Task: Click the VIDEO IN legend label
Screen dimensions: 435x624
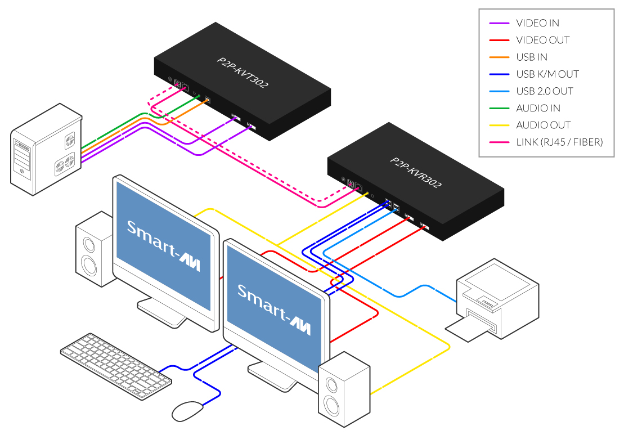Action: (x=537, y=23)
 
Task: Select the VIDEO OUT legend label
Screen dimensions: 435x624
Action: (x=542, y=40)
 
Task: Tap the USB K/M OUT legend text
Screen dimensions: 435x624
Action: (x=547, y=74)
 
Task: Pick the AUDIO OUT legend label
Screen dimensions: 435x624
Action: (x=543, y=125)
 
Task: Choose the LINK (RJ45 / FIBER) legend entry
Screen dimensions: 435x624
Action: (x=559, y=142)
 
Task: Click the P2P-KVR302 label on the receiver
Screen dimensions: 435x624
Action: (x=416, y=172)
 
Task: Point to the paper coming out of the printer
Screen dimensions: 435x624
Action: (x=467, y=329)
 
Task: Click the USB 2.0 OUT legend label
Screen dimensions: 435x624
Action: (x=544, y=91)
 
